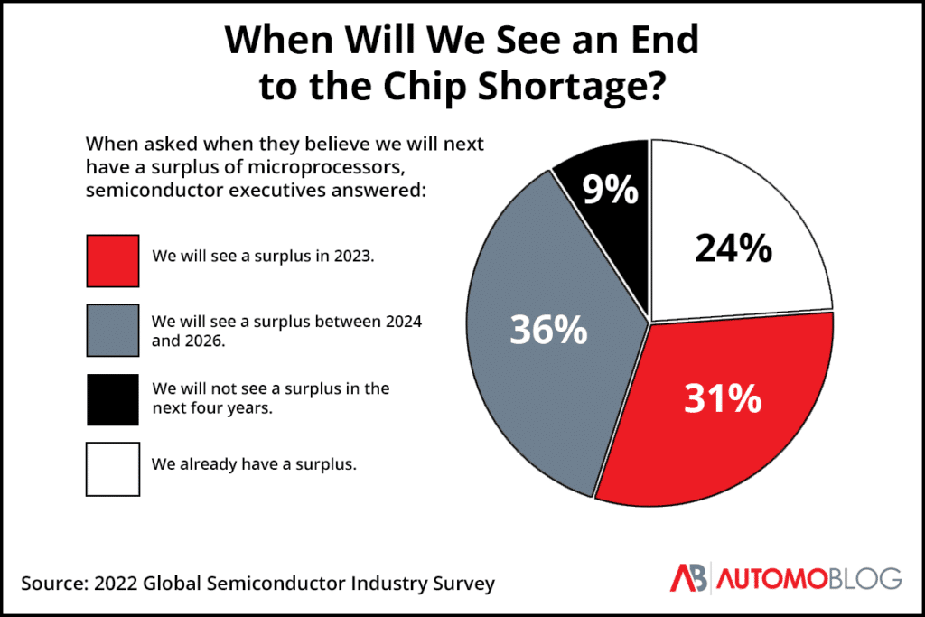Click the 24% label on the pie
point(733,247)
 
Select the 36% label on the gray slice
point(548,330)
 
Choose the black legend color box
point(113,399)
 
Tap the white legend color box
point(113,469)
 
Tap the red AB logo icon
point(690,578)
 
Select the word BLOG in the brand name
point(864,578)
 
